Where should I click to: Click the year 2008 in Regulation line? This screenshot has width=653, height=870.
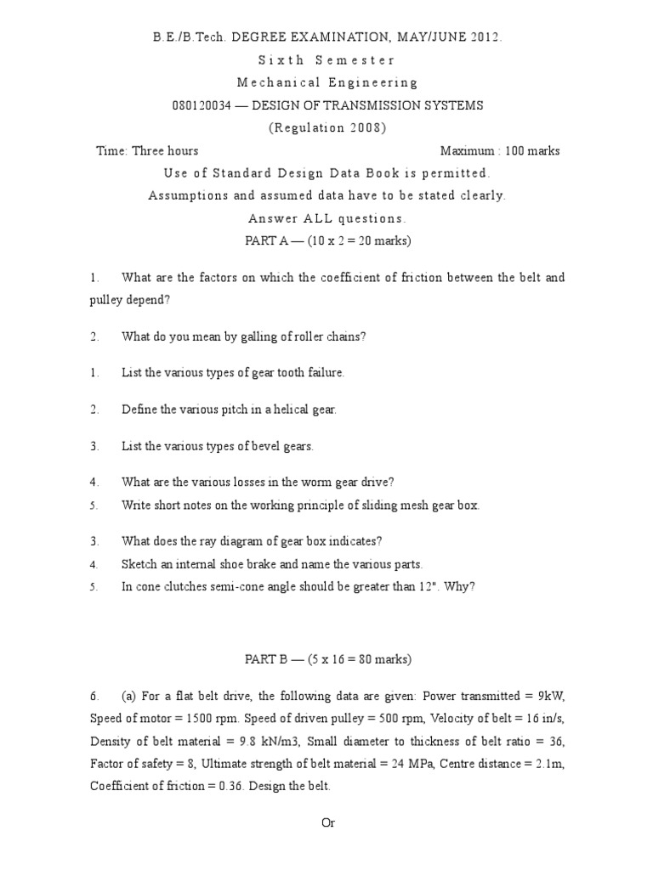tap(365, 128)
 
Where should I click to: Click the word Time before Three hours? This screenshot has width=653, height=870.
tap(112, 151)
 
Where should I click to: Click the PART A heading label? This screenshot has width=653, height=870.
tap(266, 241)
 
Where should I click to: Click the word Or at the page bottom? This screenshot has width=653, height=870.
tap(327, 823)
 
